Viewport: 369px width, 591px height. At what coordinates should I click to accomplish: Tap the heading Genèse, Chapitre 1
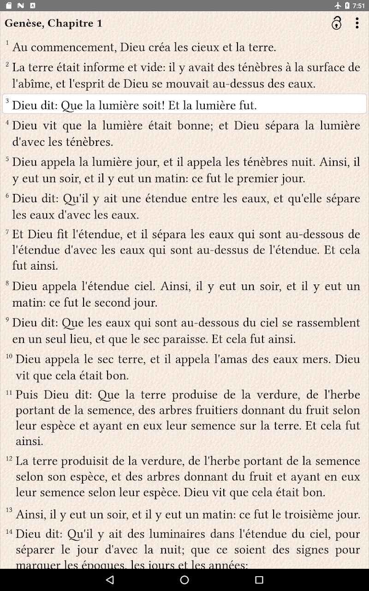[54, 23]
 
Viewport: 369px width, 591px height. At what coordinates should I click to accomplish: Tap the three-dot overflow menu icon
[357, 23]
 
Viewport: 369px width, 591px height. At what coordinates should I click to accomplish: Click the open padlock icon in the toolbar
[337, 23]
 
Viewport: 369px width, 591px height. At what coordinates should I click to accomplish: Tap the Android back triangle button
[110, 580]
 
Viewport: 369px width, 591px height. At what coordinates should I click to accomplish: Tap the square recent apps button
[259, 580]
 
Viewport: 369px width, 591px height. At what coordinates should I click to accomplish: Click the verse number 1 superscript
[7, 43]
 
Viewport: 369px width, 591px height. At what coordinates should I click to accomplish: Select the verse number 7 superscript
[7, 231]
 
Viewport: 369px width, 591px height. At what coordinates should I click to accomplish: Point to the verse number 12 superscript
[9, 458]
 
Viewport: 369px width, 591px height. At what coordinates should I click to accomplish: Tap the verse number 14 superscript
[9, 531]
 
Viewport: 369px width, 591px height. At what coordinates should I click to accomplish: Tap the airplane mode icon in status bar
[338, 6]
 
